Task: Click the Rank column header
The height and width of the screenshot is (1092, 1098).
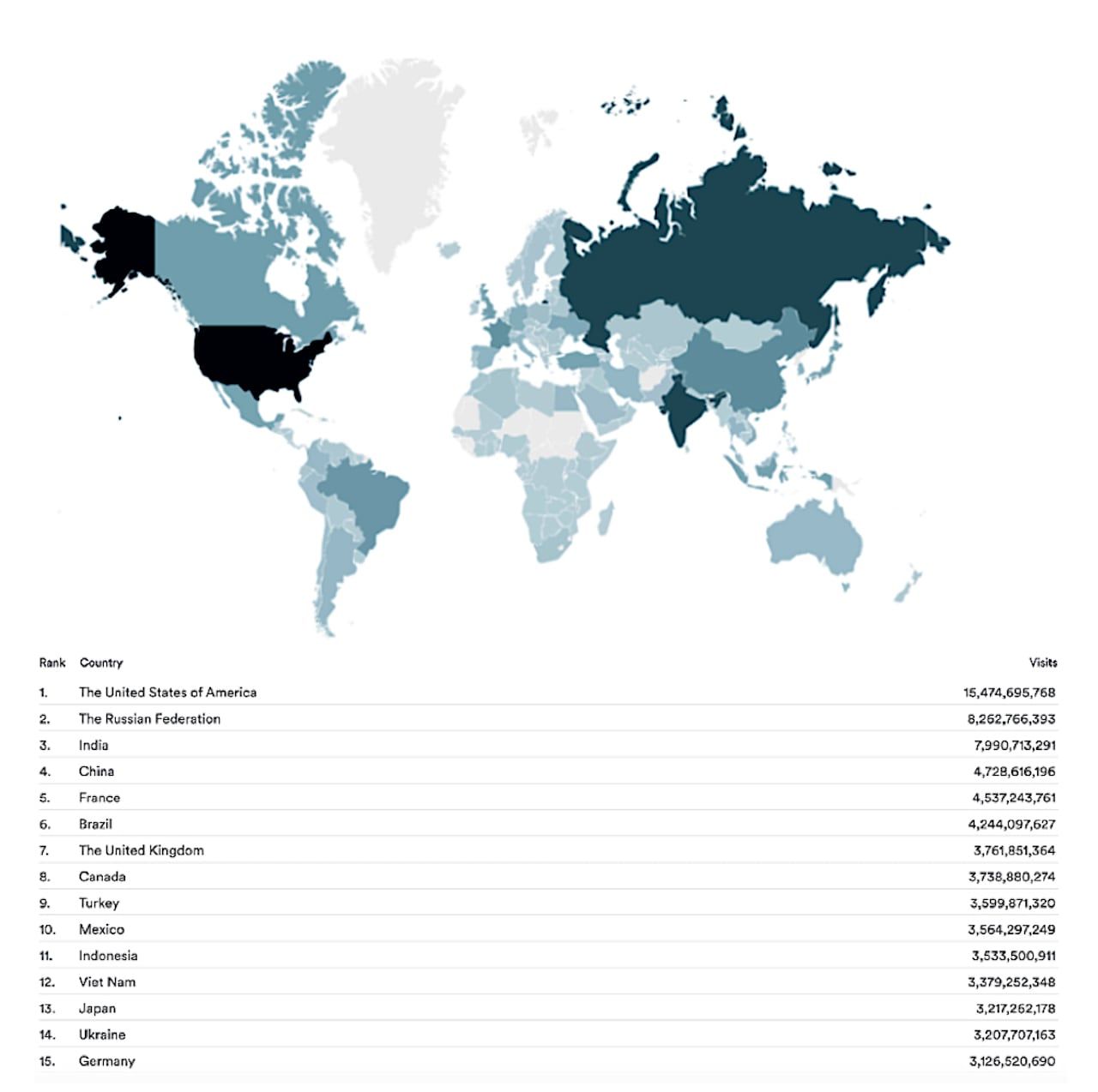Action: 51,663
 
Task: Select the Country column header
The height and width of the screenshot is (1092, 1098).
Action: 101,663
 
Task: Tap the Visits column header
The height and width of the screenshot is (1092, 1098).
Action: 1042,663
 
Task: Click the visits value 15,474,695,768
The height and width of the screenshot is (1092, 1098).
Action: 1009,693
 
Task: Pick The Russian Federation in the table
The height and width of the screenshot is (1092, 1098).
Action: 149,719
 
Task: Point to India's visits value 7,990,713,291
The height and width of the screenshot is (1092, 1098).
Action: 1014,746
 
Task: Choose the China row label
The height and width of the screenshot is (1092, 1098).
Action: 96,771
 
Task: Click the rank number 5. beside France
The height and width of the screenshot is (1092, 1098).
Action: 45,798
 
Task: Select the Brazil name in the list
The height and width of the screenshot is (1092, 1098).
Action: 95,825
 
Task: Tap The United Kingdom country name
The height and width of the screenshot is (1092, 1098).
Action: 142,850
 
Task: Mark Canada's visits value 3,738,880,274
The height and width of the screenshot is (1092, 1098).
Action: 1011,877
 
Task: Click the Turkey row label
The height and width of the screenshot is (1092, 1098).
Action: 99,903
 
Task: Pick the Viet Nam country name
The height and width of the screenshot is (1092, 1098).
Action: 107,982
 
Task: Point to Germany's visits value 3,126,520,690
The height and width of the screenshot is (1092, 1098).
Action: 1012,1061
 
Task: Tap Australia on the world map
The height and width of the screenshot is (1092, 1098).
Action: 815,536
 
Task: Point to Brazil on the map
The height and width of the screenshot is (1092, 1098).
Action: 365,497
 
